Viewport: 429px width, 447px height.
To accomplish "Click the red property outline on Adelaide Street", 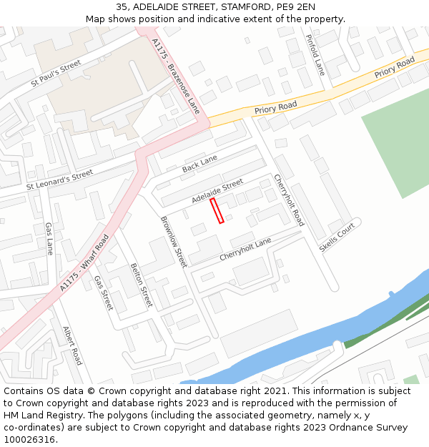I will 217,211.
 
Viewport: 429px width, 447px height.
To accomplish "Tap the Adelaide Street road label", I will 217,190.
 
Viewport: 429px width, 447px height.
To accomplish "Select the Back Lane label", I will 199,164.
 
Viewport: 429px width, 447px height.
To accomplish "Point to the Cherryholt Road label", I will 288,200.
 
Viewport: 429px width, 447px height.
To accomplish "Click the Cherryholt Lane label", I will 245,249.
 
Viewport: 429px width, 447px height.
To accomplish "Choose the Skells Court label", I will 337,237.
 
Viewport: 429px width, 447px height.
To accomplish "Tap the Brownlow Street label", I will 174,242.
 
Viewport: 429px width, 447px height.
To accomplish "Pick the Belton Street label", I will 141,285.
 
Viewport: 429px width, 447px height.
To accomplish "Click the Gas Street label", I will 104,292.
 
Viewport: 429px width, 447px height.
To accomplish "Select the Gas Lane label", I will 49,238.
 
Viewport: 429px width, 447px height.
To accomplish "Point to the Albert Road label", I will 72,345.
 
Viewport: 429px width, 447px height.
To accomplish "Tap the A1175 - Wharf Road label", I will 84,262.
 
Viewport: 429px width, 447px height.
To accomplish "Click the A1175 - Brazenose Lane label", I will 176,76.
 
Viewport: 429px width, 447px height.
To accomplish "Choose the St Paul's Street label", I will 56,74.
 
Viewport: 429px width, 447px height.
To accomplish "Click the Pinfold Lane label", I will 315,55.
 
